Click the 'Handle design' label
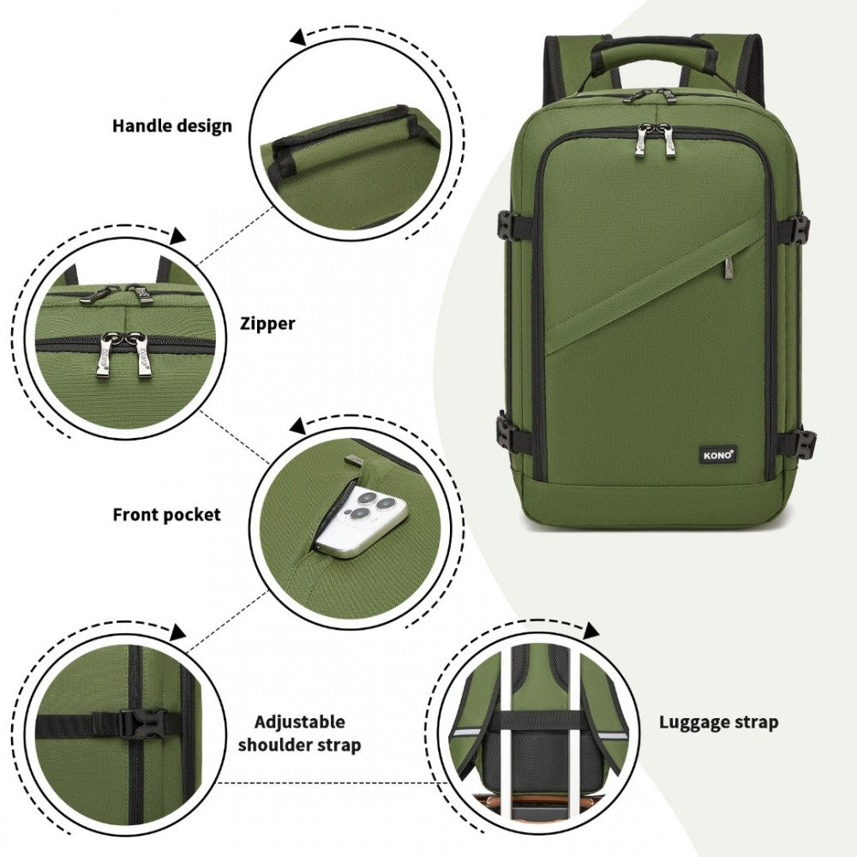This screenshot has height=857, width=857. tap(172, 126)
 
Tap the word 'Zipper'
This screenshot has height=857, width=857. tap(267, 324)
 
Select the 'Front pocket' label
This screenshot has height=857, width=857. tap(167, 515)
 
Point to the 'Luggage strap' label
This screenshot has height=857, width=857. tap(718, 722)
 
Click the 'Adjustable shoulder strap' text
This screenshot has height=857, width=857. tap(299, 734)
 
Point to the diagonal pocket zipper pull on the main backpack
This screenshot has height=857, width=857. tap(729, 270)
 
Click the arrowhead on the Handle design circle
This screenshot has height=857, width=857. tap(298, 37)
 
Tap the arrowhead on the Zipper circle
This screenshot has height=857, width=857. tap(178, 237)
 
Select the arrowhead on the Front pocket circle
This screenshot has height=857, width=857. tap(298, 426)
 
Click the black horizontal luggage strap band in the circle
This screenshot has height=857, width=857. tap(538, 718)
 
